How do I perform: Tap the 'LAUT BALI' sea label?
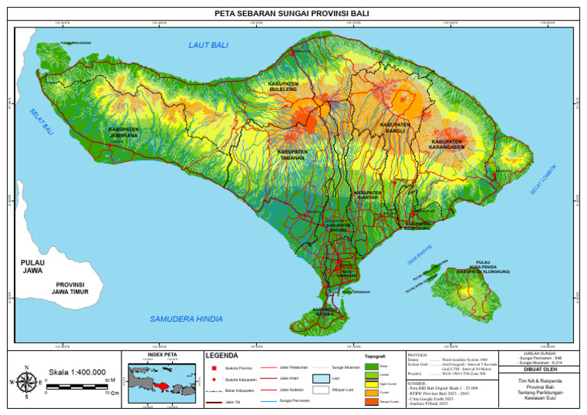(209, 46)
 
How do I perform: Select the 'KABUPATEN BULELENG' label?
(283, 87)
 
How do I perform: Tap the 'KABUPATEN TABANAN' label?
(293, 154)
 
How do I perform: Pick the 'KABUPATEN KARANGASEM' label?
(447, 144)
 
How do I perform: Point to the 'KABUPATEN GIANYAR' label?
(368, 195)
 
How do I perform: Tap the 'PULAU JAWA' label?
(32, 267)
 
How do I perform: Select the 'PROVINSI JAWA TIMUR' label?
(68, 288)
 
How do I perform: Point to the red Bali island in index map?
(162, 384)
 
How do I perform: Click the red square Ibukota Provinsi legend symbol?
(212, 368)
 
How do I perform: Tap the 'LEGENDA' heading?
(222, 355)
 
